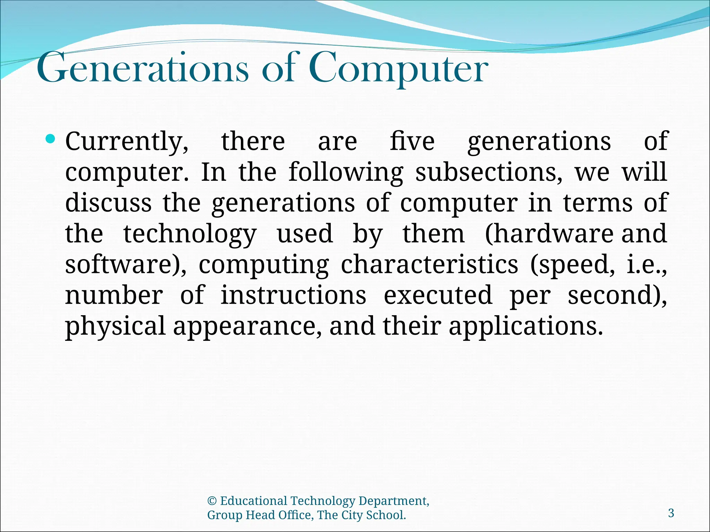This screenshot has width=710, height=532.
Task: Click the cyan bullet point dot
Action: point(51,139)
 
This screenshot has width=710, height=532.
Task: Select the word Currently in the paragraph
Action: point(127,142)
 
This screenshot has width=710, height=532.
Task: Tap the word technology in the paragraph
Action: point(190,234)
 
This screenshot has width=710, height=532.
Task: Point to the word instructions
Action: point(293,295)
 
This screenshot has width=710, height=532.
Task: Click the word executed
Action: point(438,295)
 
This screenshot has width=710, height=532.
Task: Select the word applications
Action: point(526,327)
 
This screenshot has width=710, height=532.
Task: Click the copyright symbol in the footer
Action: point(212,501)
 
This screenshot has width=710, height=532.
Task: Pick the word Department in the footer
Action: point(393,501)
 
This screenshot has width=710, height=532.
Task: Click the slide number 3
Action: point(671,513)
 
